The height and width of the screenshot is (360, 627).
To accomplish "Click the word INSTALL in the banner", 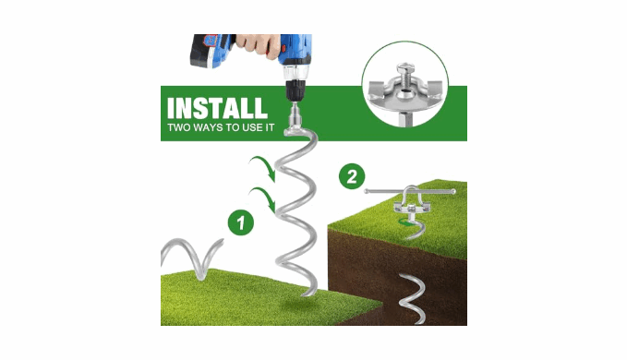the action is point(217,108).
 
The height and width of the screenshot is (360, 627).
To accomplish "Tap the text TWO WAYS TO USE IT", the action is point(221,128).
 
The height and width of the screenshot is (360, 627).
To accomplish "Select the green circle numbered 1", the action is point(241,222).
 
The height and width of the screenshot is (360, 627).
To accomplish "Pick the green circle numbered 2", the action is point(352,176).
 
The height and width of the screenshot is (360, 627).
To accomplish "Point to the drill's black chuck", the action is point(295,90).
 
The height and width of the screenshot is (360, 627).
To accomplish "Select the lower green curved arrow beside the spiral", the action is point(262,198).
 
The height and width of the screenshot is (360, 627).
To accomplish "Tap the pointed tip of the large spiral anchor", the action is point(303,294).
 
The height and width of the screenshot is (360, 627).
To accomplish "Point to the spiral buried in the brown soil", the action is point(413,298).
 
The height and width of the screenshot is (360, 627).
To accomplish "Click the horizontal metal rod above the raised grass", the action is point(409,192).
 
